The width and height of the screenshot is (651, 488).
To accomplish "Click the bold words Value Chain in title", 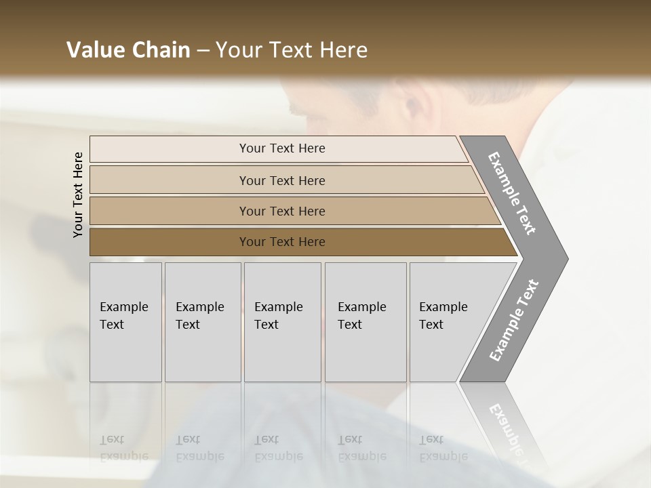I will tap(128, 50).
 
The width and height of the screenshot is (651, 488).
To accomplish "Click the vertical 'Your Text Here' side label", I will tap(78, 195).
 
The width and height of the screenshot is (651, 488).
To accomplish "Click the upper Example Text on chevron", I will tap(512, 193).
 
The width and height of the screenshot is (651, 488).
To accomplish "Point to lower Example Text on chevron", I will tap(513, 321).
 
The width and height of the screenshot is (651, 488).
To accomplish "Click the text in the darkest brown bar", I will tap(282, 242).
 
